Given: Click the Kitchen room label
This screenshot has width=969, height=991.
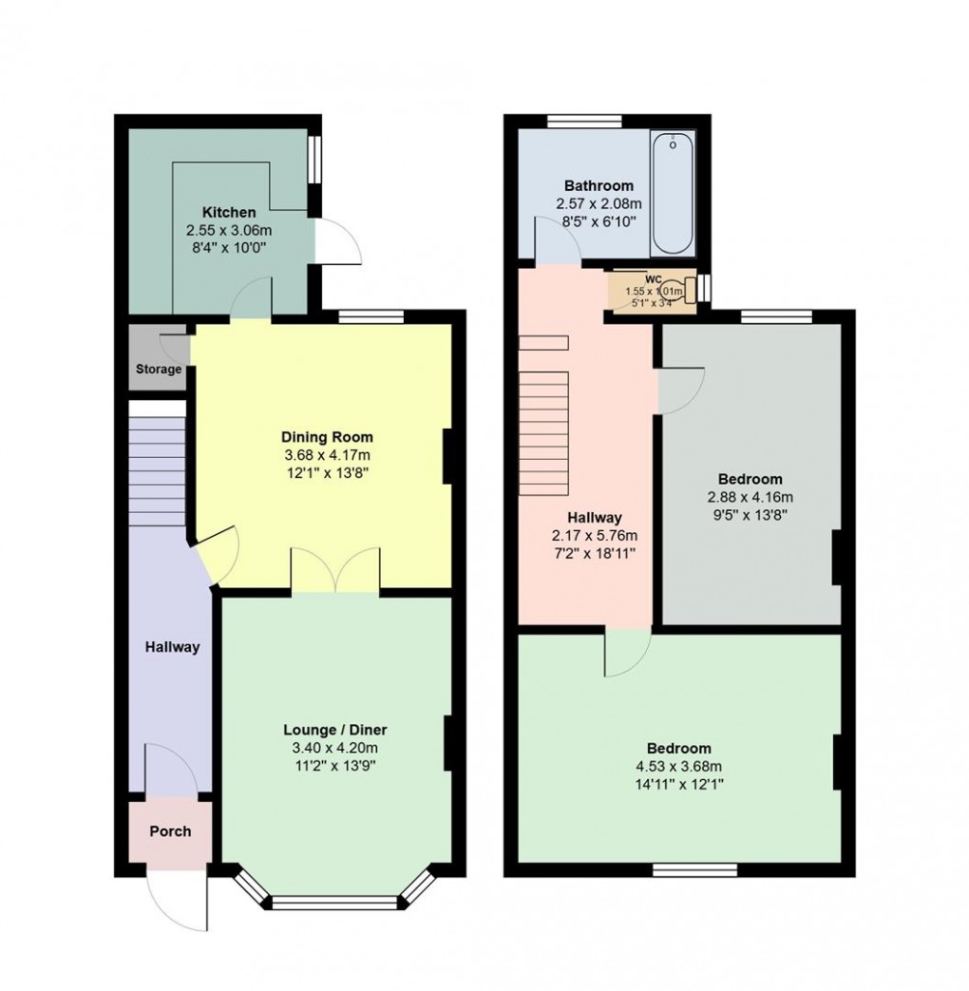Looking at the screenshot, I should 228,212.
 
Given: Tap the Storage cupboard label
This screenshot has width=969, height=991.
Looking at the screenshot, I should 158,369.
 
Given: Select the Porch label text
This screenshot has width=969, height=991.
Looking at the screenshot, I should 170,830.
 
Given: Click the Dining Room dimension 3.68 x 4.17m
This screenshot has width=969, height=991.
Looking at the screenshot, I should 327,455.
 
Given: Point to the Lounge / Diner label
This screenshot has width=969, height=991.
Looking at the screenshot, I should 335,730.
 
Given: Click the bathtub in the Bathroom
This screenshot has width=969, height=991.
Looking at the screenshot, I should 673,194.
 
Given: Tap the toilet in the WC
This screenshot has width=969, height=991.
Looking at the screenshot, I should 674,286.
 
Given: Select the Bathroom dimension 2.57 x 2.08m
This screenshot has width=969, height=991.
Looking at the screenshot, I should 598,203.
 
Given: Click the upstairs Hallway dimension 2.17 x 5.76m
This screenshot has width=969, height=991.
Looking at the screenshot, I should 595,535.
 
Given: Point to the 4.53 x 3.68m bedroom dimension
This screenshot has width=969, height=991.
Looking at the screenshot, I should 679,766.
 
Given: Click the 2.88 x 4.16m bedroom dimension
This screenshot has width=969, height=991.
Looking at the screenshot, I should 750,496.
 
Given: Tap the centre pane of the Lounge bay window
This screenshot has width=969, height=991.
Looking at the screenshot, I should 334,903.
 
